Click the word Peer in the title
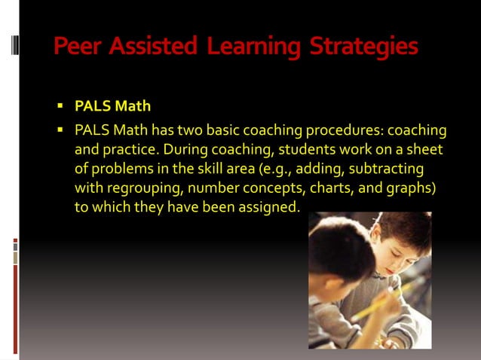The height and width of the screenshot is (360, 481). [x=78, y=47]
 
